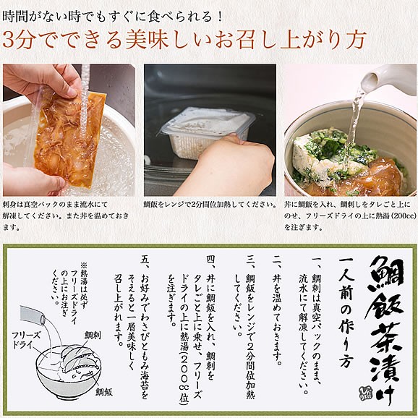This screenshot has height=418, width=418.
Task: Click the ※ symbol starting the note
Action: (x=85, y=265)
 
